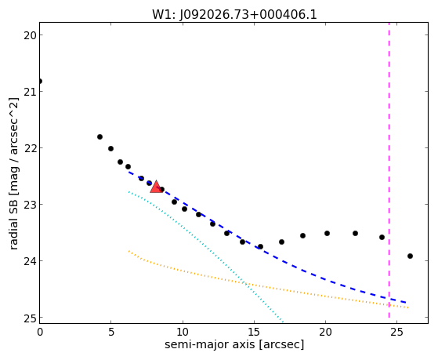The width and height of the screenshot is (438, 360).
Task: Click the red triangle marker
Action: pos(156,187)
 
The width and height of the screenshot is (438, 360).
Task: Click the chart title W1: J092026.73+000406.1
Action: pos(234,15)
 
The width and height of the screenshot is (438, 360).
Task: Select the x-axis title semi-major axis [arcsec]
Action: pos(234,344)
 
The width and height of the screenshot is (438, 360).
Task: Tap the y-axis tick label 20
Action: pos(30,35)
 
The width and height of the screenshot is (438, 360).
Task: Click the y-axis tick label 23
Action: pos(30,205)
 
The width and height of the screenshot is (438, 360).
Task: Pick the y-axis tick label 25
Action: pos(30,318)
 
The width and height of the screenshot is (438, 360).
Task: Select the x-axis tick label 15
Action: pos(254,332)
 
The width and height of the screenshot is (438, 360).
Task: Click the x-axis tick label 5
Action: pos(111,332)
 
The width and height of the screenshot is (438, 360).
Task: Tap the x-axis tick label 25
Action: pos(396,332)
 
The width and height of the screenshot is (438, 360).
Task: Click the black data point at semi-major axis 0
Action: pos(40,81)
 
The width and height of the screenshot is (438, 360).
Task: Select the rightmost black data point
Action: pos(410,256)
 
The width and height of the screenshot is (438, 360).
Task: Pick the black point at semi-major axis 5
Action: pos(111,148)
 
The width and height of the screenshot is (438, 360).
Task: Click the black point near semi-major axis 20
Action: pos(327,233)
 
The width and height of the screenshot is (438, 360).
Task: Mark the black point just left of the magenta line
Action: pos(382,237)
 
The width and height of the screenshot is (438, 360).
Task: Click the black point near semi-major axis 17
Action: pos(281,242)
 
